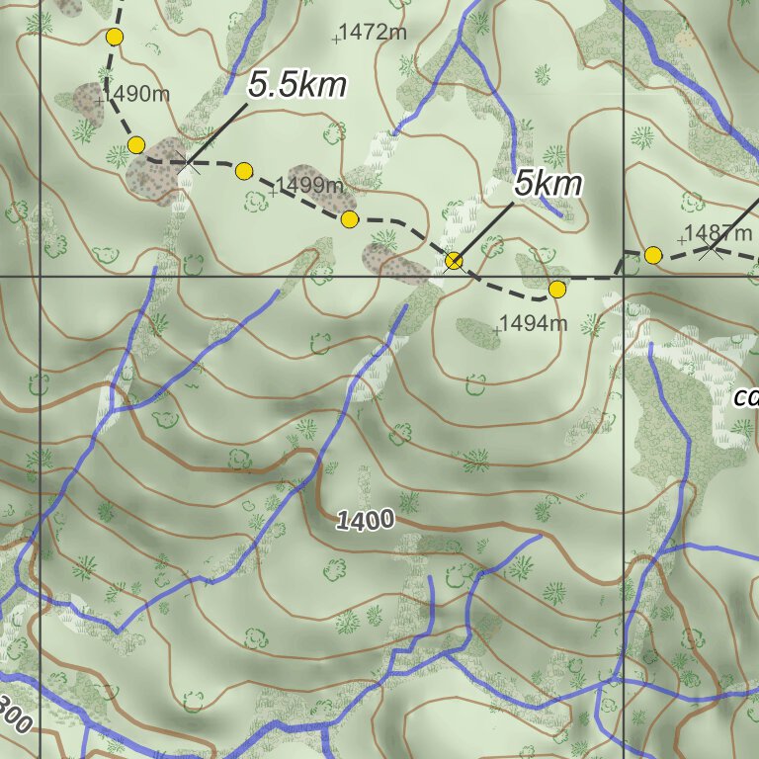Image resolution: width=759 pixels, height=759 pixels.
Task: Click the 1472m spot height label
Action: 374,33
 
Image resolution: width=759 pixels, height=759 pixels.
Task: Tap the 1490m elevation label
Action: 136,95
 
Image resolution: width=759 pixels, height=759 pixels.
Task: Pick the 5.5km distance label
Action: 297,86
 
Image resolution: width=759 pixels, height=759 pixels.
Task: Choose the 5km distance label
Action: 548,184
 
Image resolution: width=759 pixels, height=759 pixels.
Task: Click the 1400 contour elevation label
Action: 365,520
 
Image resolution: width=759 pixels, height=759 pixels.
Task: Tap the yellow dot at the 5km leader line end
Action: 454,261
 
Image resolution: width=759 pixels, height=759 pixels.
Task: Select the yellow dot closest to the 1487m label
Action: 653,256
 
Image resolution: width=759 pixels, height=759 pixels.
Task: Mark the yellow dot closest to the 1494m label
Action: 557,290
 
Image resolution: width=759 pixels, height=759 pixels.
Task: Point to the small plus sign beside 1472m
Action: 336,40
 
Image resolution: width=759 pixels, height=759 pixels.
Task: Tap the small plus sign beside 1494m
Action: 496,330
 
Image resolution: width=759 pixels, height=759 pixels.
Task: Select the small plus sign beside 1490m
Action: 99,101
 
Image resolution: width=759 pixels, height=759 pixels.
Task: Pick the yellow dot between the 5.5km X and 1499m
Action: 244,172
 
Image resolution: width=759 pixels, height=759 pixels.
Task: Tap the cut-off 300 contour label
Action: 14,713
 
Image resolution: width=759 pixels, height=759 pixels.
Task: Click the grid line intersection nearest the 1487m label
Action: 624,276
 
